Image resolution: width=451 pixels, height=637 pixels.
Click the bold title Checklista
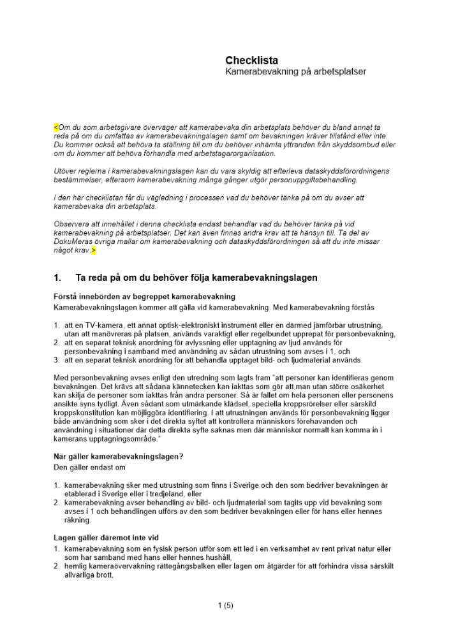pos(251,61)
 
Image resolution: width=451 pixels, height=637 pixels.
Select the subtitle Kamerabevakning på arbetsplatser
pos(295,72)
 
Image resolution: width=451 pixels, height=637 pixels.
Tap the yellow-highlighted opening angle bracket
pos(55,127)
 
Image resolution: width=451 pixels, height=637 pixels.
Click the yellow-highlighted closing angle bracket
pos(94,251)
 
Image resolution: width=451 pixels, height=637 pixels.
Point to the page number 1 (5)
pos(225,605)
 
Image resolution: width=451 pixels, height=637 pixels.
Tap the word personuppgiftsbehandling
pos(304,180)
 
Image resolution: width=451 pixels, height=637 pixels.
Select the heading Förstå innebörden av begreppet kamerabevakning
pos(136,296)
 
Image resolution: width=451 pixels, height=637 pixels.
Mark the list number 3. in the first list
pos(57,360)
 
